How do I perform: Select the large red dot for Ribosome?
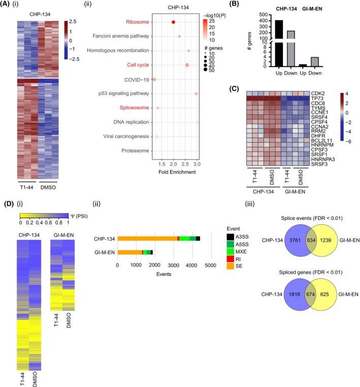174,22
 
